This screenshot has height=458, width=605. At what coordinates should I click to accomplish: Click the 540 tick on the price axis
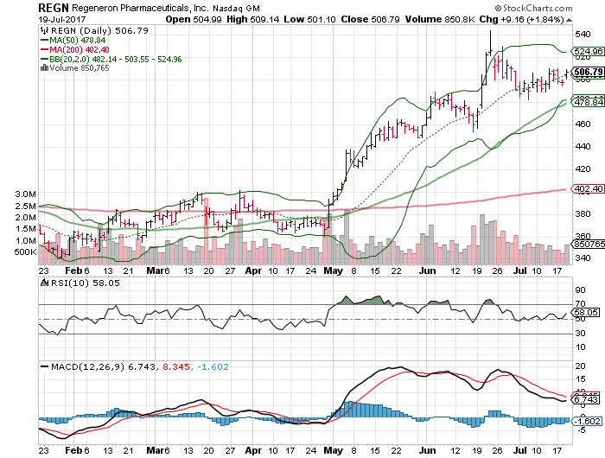(583, 35)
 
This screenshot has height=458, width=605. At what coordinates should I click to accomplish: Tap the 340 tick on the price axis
(583, 258)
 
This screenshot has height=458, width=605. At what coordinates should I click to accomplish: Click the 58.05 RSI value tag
(587, 311)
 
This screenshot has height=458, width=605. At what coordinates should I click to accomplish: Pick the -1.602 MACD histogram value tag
(587, 422)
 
